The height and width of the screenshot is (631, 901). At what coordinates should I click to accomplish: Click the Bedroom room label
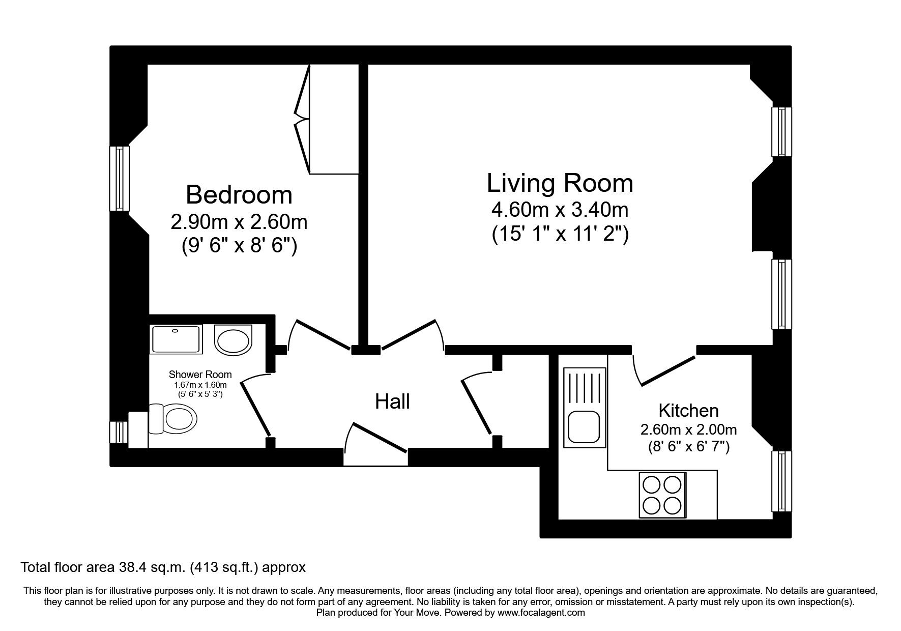click(239, 195)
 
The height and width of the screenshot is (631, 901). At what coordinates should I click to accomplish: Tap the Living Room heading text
click(560, 183)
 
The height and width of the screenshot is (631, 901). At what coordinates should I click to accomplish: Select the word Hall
click(392, 402)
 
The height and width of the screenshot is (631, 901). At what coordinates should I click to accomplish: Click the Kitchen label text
click(688, 410)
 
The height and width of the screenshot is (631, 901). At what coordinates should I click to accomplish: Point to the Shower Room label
click(200, 375)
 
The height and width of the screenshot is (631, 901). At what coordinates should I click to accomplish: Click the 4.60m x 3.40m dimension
click(560, 209)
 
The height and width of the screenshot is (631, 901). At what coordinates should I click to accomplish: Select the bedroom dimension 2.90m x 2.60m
click(239, 222)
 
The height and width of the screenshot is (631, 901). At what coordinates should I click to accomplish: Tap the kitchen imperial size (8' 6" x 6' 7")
click(688, 447)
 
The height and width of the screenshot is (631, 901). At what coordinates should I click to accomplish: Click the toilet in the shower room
click(176, 419)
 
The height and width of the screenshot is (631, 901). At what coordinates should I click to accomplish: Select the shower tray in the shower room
click(176, 339)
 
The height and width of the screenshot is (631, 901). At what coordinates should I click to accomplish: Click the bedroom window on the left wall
click(120, 178)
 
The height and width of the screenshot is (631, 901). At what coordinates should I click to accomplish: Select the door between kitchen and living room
click(665, 369)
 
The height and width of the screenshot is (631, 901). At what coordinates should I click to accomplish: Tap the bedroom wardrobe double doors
click(304, 120)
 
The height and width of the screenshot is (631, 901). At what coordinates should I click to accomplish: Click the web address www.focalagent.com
click(541, 613)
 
